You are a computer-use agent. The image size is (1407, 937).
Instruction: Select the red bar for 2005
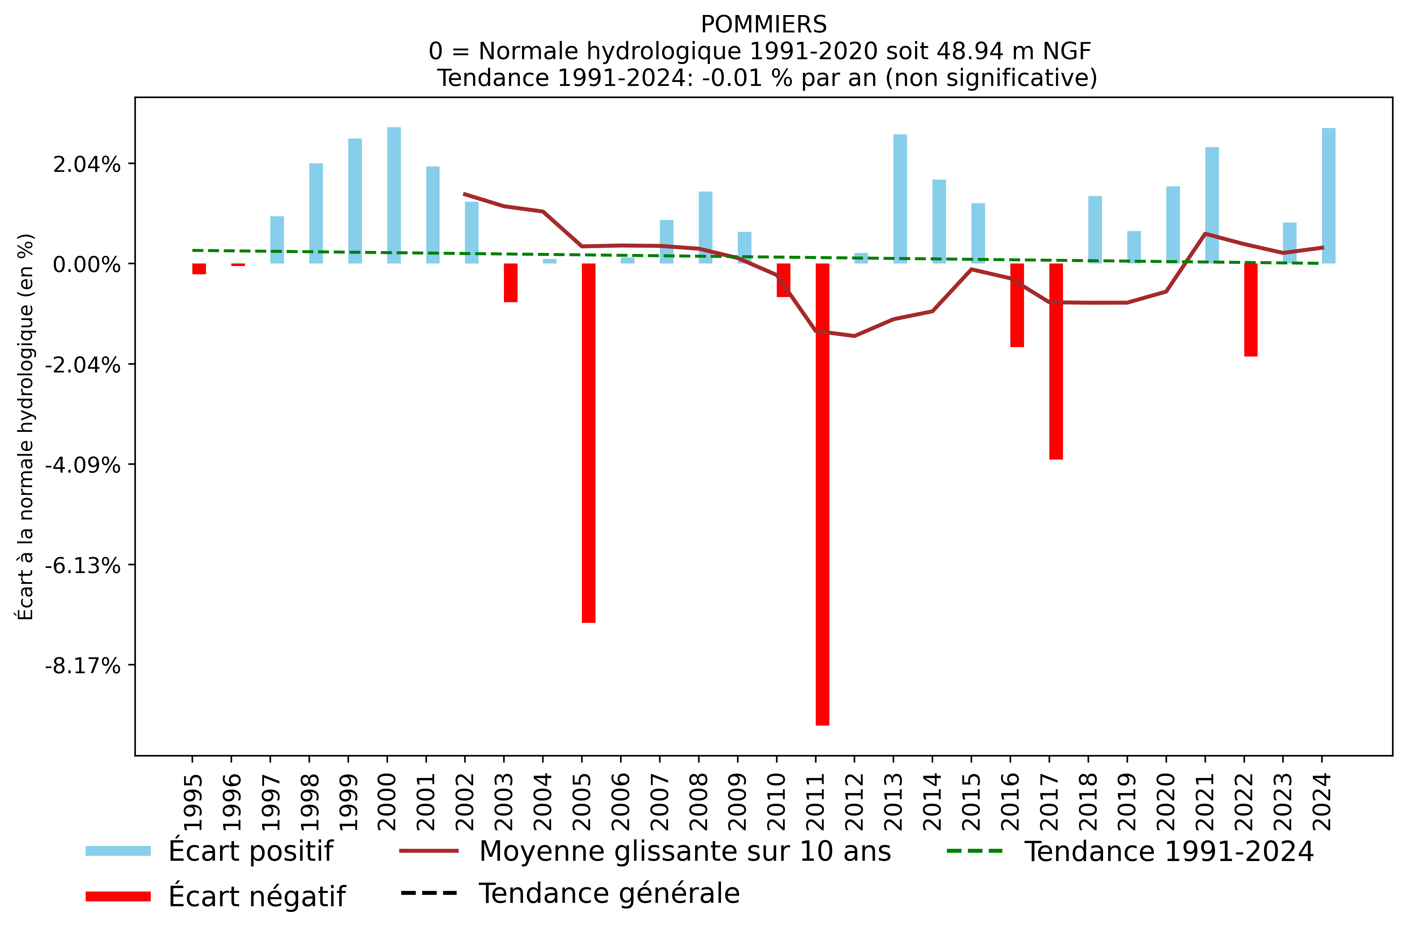click(588, 442)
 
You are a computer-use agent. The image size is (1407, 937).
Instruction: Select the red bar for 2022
click(1251, 310)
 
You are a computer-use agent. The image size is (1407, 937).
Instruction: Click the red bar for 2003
click(510, 283)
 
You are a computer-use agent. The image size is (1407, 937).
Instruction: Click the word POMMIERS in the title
click(764, 24)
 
